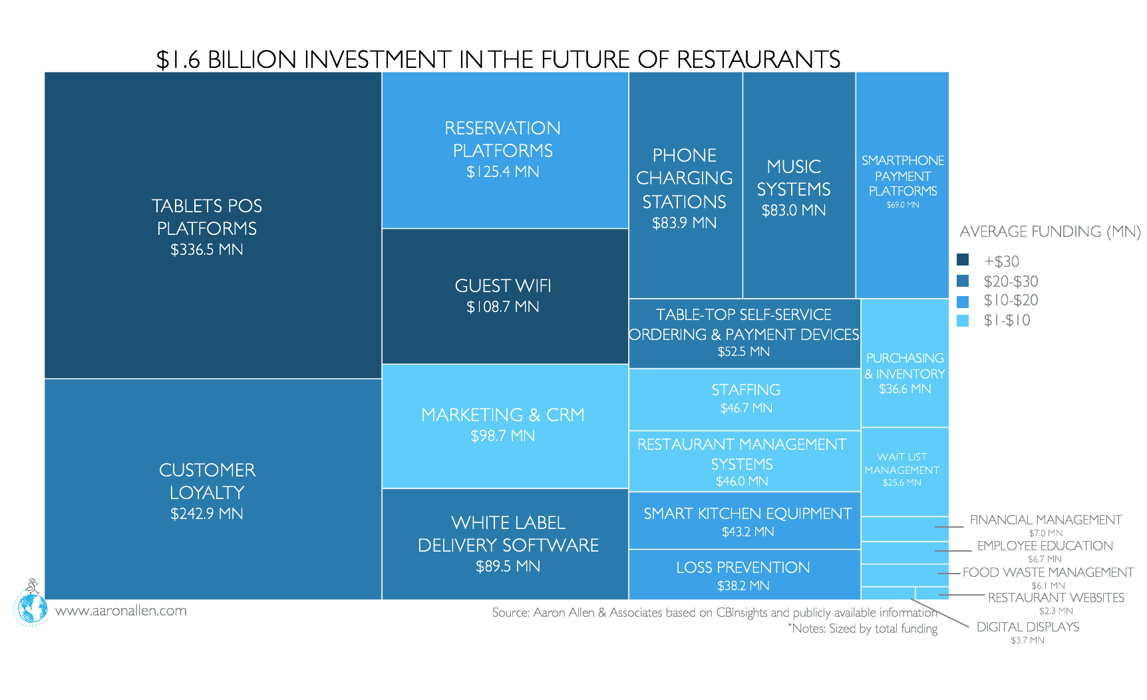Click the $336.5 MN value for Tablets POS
(x=206, y=250)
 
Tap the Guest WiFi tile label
(x=502, y=286)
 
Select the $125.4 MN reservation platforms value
(x=502, y=172)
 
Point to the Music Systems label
(x=794, y=178)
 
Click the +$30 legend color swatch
(x=963, y=260)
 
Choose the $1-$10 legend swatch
(x=963, y=321)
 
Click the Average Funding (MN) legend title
(x=1049, y=232)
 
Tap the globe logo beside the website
(x=31, y=608)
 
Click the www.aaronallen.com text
(x=120, y=611)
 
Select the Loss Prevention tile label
(x=742, y=568)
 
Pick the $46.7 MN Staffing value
(x=746, y=408)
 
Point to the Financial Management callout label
(x=1045, y=520)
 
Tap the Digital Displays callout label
(x=1027, y=627)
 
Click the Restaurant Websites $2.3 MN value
(x=1056, y=611)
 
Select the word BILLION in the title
(x=251, y=60)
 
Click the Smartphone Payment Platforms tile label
(x=903, y=176)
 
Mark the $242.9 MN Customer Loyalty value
(x=206, y=514)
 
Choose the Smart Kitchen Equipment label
(x=747, y=514)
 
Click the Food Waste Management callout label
(x=1048, y=572)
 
